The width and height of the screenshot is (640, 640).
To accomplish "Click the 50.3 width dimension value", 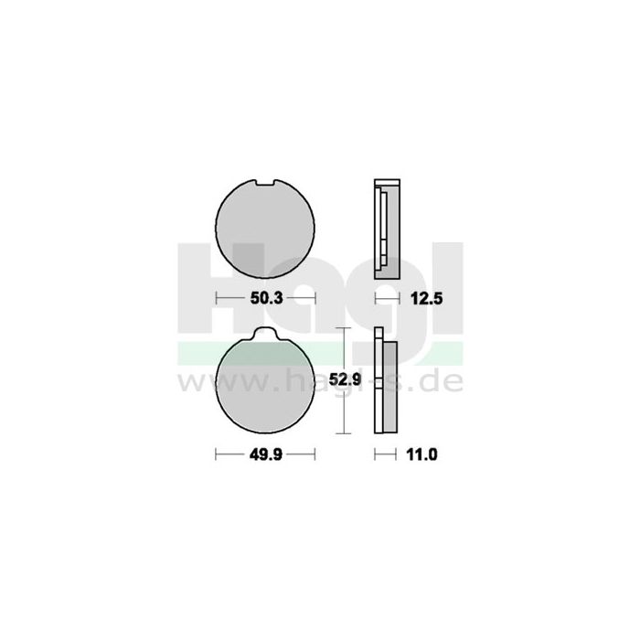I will point(265,298).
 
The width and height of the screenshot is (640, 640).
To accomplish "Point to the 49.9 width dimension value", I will point(265,453).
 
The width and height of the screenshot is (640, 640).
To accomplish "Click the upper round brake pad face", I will point(265,228).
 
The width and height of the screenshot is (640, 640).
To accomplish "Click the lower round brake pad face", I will point(265,384).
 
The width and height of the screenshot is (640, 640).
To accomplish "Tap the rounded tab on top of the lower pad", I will point(266,336).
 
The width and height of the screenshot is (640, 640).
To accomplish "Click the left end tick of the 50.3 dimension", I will point(215,298).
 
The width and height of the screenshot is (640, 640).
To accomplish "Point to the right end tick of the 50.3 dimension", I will point(315,298).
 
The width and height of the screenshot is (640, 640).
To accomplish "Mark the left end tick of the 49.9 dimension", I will point(215,453).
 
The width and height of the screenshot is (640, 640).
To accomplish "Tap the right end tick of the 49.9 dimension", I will point(315,453).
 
